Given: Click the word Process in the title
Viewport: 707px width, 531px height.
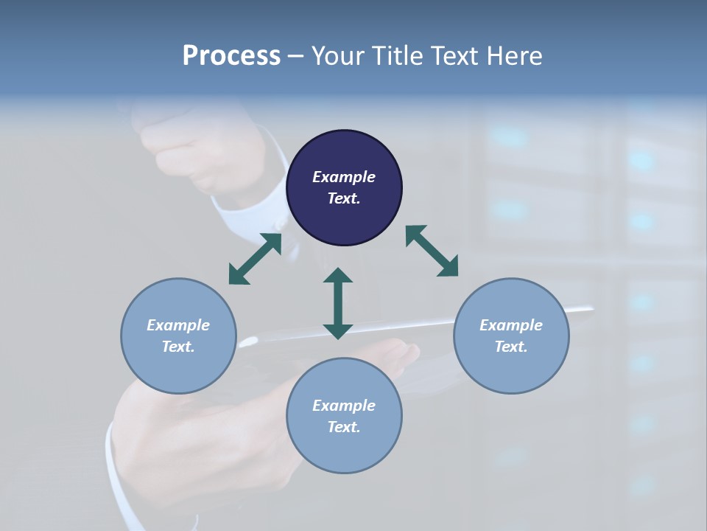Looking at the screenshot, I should click(x=231, y=56).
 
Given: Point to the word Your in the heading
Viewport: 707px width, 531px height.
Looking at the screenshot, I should click(x=337, y=56).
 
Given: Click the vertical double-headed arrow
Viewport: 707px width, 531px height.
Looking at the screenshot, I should click(x=338, y=303).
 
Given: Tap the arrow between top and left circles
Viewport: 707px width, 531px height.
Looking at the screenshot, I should click(x=255, y=259).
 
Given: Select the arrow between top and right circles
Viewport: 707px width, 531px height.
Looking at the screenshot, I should click(x=432, y=251).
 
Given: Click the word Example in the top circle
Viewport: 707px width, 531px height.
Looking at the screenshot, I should click(x=344, y=177).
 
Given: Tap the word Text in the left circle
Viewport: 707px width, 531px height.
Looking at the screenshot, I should click(x=178, y=347).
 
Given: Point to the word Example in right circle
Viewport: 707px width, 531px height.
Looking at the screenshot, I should click(x=511, y=325).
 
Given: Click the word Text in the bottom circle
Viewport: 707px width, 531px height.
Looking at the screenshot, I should click(x=344, y=427).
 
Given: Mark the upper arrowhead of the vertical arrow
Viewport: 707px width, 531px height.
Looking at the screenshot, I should click(x=338, y=276).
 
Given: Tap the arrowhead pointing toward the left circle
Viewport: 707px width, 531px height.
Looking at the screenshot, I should click(x=238, y=274).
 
